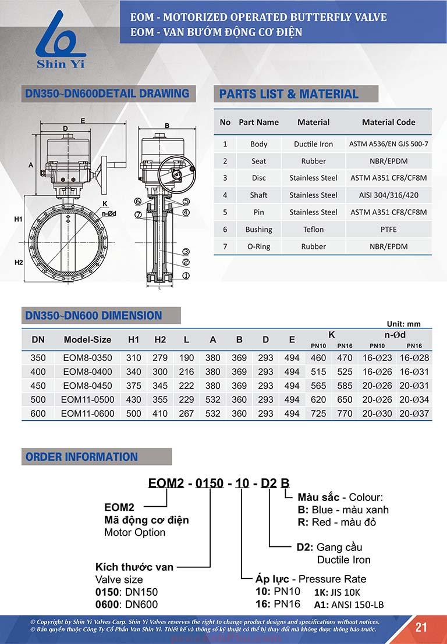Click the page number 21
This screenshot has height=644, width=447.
421,627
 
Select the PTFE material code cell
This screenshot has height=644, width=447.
388,230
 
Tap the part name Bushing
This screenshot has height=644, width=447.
258,230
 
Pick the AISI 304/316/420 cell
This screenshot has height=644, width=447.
388,195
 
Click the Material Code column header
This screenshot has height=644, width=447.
388,122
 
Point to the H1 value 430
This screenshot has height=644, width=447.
134,400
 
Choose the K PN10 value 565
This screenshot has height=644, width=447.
318,386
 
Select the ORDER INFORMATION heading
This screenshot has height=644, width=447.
81,457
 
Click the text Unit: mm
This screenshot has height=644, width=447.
403,324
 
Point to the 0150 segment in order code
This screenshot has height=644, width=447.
208,483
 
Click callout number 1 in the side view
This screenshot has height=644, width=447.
186,275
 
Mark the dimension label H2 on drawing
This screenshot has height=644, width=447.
19,263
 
